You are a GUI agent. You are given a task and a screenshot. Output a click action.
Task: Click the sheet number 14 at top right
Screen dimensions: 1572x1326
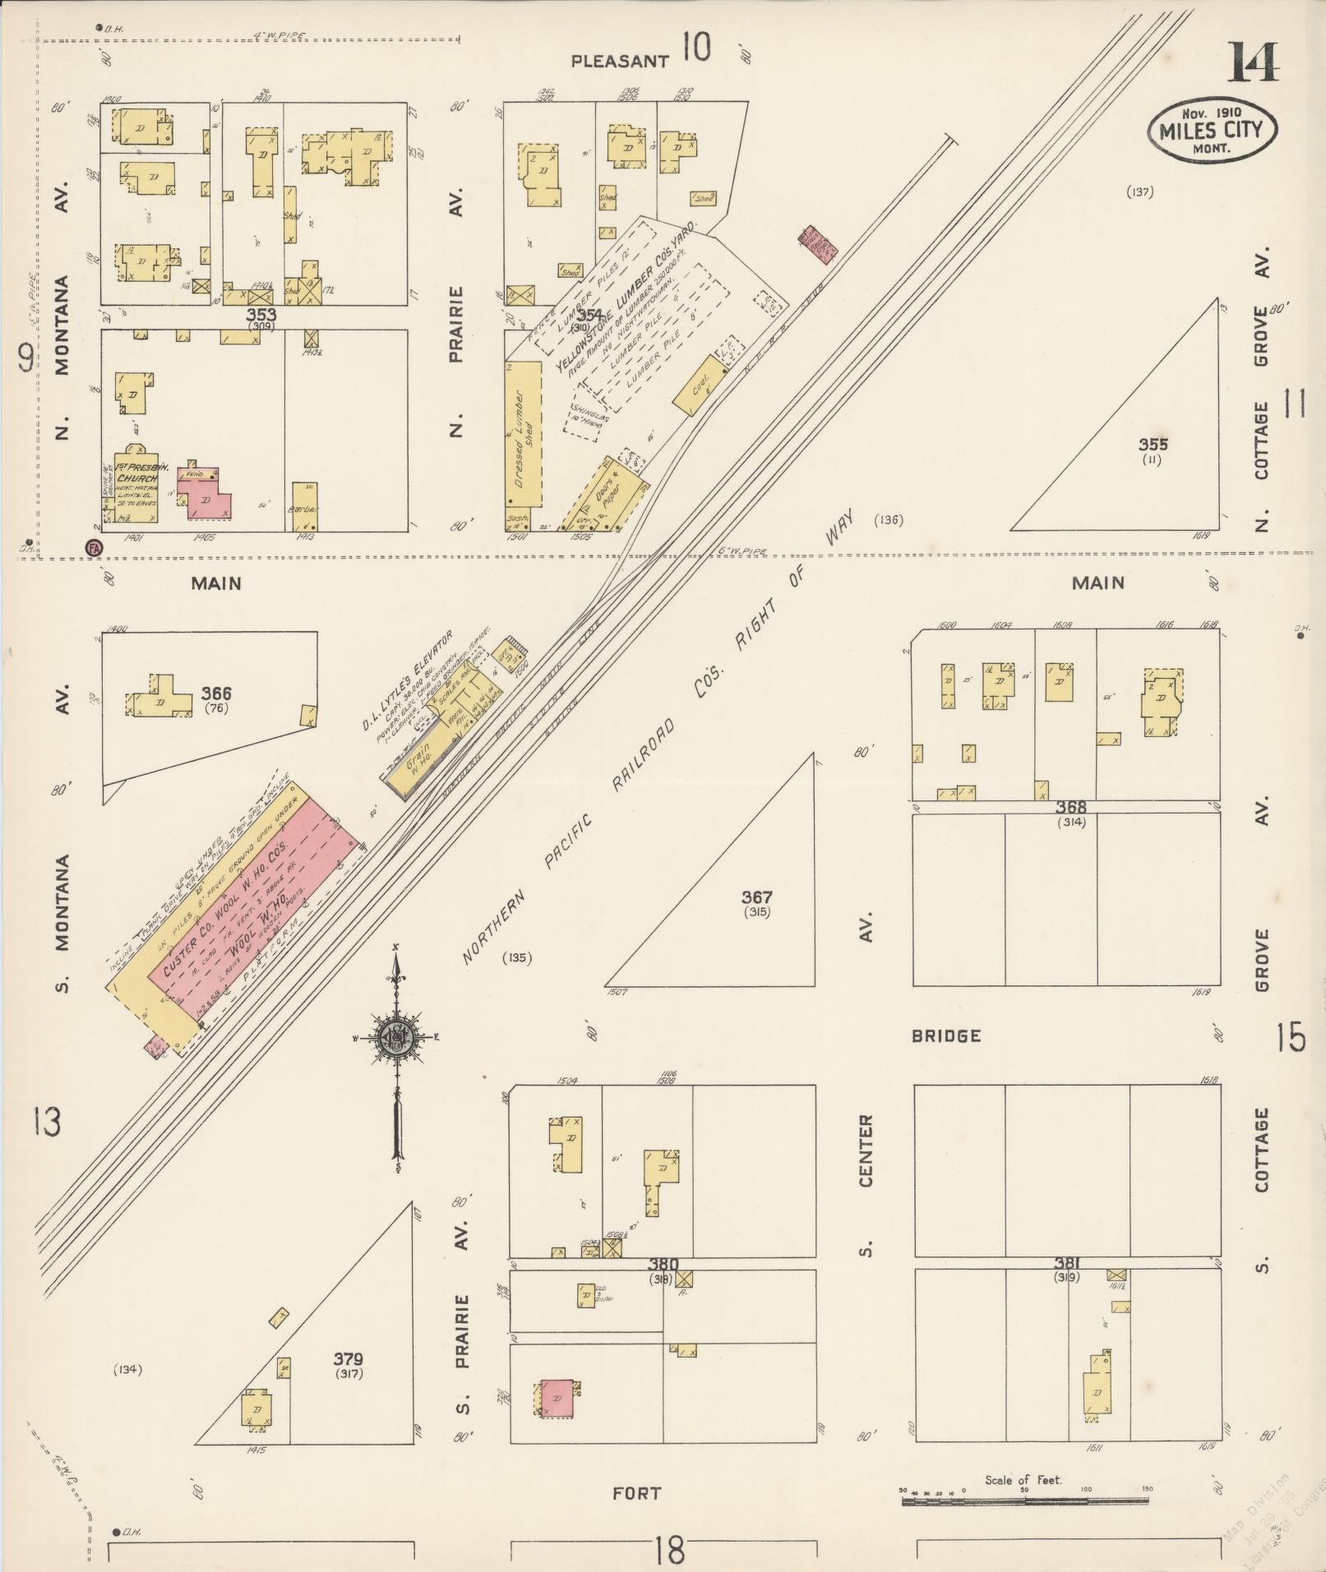coord(1253,62)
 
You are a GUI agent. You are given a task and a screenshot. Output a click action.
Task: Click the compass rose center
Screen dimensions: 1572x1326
coord(397,1038)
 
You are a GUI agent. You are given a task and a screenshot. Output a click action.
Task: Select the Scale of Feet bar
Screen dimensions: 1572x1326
coord(1024,1501)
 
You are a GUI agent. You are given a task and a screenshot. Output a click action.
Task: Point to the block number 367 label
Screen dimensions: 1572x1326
coord(755,897)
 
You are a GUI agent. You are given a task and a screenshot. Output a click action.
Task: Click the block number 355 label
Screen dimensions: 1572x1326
coord(1152,445)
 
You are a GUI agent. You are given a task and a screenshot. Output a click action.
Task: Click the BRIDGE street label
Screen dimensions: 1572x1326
coord(945,1036)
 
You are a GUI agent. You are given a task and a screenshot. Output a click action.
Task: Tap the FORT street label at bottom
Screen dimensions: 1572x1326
coord(636,1493)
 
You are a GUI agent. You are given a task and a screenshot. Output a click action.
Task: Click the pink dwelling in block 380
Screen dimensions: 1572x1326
coord(555,1399)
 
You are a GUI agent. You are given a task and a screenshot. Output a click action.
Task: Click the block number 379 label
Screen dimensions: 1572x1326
coord(348,1359)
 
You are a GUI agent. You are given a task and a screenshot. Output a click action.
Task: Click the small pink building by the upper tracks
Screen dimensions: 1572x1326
coord(817,245)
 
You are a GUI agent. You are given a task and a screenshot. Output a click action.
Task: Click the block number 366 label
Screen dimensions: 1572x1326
coord(216,695)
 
